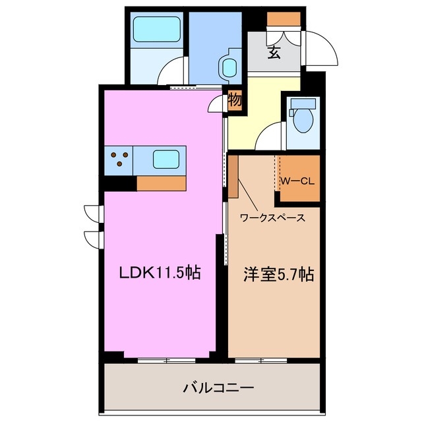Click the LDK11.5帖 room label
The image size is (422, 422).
159,272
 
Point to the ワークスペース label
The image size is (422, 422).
272,217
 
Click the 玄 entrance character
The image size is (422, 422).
274,52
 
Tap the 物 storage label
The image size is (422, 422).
235,100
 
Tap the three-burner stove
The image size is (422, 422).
119,159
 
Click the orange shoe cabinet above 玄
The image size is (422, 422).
284,18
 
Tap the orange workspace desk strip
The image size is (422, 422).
233,176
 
